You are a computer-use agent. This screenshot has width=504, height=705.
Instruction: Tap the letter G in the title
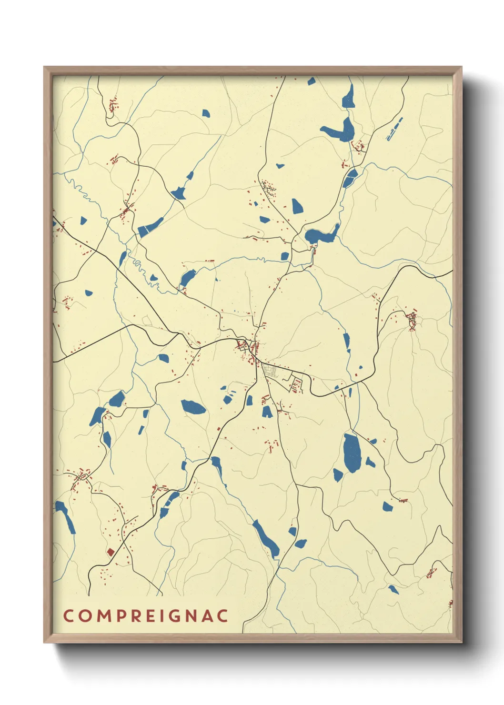click(x=175, y=615)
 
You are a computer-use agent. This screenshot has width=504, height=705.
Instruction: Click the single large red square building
click(x=111, y=552)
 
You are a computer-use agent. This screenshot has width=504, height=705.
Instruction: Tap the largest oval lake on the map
click(x=352, y=453)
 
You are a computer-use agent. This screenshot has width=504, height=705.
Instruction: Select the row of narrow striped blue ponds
click(x=394, y=129)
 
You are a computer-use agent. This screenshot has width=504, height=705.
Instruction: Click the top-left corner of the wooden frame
click(x=45, y=68)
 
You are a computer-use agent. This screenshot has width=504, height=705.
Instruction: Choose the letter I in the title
click(x=161, y=615)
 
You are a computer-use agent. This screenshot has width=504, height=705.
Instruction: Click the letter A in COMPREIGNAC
click(x=207, y=615)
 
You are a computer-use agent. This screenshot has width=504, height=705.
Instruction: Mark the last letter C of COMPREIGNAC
click(x=222, y=615)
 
